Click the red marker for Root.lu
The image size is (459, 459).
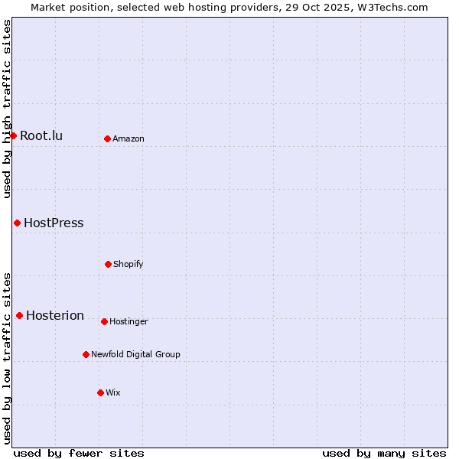(x=13, y=135)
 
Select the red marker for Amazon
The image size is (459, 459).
(x=107, y=138)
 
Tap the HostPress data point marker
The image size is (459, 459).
(x=17, y=223)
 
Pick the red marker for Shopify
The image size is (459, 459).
(x=108, y=264)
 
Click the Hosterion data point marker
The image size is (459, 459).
(x=19, y=315)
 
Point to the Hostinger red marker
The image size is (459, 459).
(x=104, y=321)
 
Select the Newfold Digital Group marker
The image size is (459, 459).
(x=86, y=354)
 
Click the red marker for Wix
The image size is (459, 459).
(x=100, y=392)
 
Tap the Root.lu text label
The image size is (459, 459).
(x=41, y=136)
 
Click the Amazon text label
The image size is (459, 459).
(x=129, y=139)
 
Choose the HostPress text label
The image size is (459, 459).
(x=54, y=223)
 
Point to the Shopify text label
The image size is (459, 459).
(x=129, y=265)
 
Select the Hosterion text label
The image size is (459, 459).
(x=55, y=316)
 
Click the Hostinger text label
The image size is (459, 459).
(x=129, y=322)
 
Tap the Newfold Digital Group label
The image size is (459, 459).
(x=135, y=355)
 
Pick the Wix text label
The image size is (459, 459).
(x=113, y=393)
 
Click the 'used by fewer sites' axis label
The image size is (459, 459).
(x=79, y=453)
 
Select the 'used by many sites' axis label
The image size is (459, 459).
(x=384, y=453)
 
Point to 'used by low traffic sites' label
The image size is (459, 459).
(x=7, y=358)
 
